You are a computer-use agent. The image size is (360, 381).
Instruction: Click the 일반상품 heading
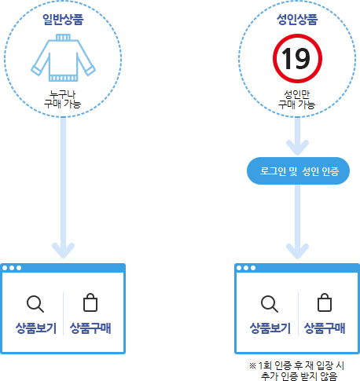tap(63, 20)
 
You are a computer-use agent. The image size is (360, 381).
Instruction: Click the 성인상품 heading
tap(297, 20)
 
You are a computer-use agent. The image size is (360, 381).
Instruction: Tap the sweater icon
tap(63, 57)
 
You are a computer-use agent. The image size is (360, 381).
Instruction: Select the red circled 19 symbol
tap(297, 58)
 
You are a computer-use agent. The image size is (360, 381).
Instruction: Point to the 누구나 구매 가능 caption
tap(63, 99)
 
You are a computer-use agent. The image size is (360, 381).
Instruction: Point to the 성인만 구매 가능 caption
tap(297, 100)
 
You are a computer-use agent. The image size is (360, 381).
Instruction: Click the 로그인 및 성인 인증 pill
tap(298, 170)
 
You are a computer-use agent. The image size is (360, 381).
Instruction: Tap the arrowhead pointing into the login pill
tap(297, 147)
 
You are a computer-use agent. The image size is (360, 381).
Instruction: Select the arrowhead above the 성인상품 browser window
tap(297, 251)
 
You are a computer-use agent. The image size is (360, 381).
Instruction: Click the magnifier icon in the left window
tap(35, 304)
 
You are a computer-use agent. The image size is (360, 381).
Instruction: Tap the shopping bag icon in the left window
tap(90, 302)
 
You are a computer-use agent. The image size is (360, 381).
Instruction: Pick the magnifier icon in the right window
tap(270, 304)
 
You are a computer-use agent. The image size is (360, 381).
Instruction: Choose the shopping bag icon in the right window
tap(325, 302)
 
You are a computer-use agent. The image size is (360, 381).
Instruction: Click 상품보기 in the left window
tap(36, 328)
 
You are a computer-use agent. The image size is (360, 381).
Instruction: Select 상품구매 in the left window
tap(90, 328)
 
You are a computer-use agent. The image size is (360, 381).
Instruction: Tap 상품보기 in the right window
tap(270, 328)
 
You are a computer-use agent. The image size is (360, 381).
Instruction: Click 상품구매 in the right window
tap(325, 328)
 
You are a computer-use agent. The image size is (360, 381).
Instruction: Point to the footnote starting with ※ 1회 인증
tap(297, 371)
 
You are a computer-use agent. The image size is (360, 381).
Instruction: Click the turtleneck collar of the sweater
tap(63, 37)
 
